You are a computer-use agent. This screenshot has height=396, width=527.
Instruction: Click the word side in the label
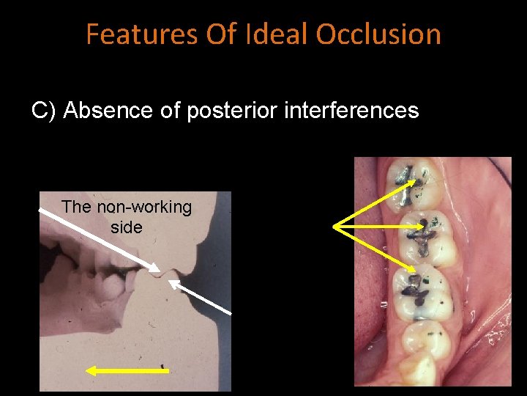(126, 227)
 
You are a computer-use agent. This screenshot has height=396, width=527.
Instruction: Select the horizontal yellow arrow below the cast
(128, 371)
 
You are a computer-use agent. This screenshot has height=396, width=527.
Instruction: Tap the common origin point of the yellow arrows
(334, 227)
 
